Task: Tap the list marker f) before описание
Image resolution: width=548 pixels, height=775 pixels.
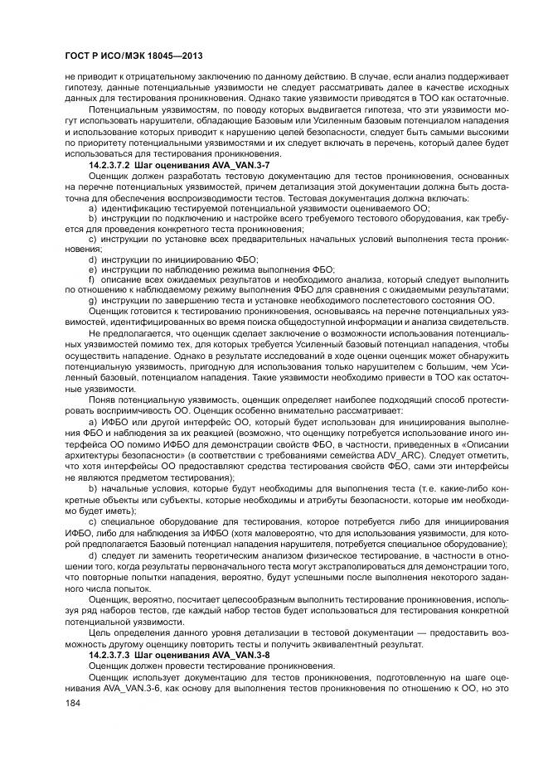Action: (92, 279)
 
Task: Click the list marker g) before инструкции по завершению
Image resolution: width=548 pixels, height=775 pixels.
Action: (93, 300)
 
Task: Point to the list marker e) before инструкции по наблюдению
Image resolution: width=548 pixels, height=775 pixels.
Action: (93, 269)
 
